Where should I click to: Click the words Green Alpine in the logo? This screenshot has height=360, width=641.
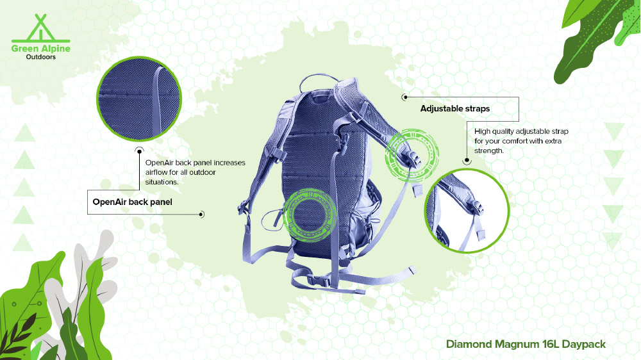41,49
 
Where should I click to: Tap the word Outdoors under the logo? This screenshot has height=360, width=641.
41,57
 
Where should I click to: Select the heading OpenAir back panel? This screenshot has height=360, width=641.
133,202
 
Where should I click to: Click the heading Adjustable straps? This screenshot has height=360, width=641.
455,109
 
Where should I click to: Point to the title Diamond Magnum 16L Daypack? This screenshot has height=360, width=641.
526,344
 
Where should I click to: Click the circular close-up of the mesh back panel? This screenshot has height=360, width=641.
139,99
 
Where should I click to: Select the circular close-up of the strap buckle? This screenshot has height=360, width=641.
467,211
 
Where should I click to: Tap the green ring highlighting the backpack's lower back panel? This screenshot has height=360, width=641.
286,215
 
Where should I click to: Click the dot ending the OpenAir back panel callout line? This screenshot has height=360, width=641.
201,214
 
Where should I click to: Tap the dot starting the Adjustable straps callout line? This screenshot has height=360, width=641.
404,97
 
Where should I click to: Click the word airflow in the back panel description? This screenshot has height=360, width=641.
156,172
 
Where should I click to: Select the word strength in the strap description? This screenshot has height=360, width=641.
489,151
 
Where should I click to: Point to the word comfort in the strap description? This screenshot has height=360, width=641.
517,141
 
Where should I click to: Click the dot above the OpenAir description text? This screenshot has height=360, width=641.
139,151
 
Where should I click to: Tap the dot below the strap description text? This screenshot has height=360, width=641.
467,161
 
